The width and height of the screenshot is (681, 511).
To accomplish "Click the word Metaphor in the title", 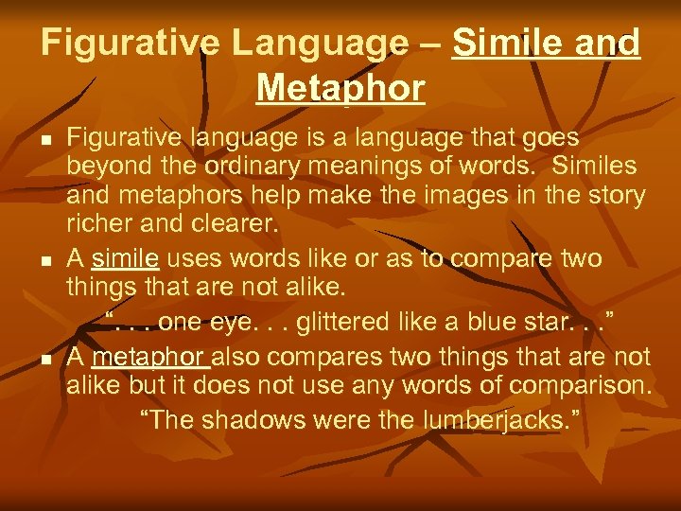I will pyautogui.click(x=340, y=88).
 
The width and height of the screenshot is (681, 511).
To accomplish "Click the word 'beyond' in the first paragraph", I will pyautogui.click(x=104, y=167).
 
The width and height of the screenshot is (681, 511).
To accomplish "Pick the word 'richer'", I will pyautogui.click(x=100, y=226).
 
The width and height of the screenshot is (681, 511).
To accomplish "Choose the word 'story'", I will pyautogui.click(x=616, y=197).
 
